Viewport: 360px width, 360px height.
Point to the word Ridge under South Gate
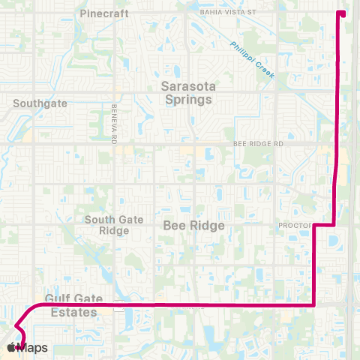click(115, 231)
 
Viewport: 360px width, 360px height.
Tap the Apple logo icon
click(12, 347)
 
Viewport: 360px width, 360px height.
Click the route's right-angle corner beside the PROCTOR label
click(313, 225)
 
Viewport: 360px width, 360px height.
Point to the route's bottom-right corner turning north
click(313, 304)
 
